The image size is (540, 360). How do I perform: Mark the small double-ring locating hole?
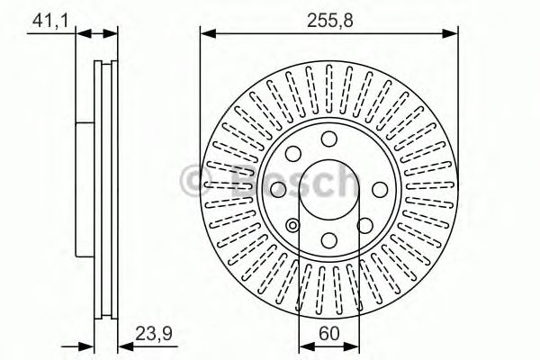click(293, 225)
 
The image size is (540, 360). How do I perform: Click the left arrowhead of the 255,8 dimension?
click(205, 34)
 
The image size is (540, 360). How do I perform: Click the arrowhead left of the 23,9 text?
click(124, 346)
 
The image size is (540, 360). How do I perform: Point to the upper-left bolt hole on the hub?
click(293, 150)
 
